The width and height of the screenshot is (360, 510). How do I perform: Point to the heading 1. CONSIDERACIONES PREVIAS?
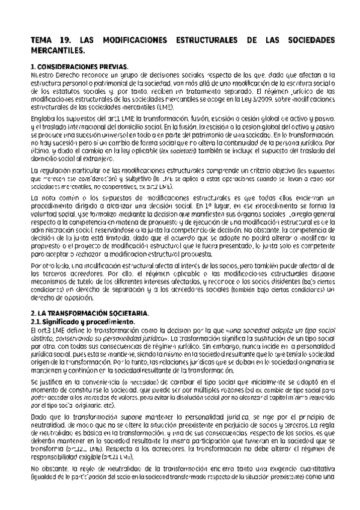point(79,66)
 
